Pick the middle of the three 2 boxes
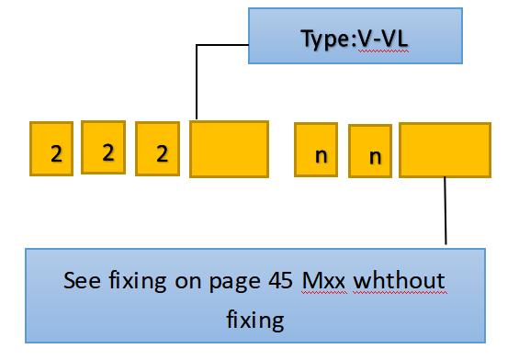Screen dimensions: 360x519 (x=107, y=146)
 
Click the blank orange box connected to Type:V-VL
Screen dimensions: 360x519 (x=229, y=148)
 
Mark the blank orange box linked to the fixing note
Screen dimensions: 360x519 (x=445, y=150)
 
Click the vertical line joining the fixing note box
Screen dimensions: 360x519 (x=446, y=211)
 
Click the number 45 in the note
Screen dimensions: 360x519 (x=279, y=281)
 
